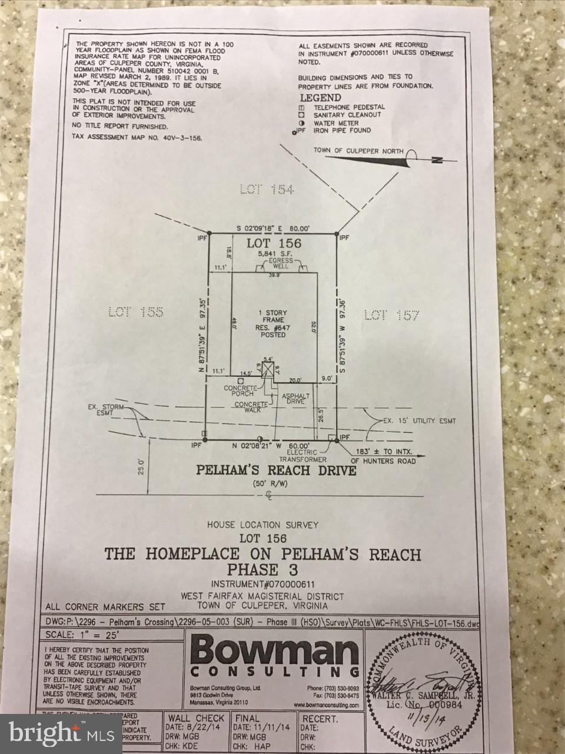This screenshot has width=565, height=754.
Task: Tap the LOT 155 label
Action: (x=135, y=312)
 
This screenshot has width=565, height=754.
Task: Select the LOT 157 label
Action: (x=391, y=316)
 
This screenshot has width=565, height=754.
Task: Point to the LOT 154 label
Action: (x=267, y=190)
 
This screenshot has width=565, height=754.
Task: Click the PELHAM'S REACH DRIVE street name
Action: (x=276, y=471)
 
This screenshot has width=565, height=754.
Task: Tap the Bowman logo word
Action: (x=275, y=652)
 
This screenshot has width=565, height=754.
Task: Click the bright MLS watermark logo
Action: (x=61, y=733)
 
